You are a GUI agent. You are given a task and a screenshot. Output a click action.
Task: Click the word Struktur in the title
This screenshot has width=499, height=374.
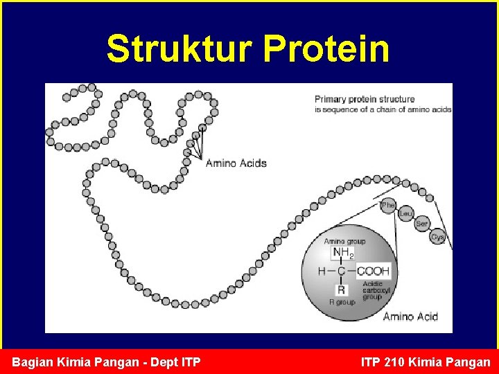[x=180, y=48]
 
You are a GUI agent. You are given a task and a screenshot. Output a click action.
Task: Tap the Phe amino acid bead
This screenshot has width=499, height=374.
[x=388, y=205]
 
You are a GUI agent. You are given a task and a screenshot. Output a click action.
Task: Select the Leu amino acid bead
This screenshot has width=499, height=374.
[x=405, y=214]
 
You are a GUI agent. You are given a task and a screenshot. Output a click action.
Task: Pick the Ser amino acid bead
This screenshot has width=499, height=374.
[x=422, y=224]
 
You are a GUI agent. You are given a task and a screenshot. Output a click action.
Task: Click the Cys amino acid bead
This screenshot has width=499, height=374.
[x=437, y=237]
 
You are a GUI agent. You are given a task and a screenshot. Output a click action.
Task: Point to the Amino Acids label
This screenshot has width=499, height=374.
[x=236, y=163]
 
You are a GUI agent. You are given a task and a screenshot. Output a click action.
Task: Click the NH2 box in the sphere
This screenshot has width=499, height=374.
[x=342, y=253]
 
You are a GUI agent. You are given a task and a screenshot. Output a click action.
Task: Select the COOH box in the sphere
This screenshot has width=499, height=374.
[x=373, y=271]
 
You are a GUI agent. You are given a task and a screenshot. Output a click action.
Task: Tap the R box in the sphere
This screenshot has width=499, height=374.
[x=341, y=290]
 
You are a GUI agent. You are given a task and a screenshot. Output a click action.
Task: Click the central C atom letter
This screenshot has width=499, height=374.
[x=341, y=271]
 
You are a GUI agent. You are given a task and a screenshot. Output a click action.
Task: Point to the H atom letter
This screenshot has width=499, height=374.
[x=322, y=271]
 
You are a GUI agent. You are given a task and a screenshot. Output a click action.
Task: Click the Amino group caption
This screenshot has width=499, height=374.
[x=344, y=241]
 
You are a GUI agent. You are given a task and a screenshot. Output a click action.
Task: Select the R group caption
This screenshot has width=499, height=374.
[x=342, y=302]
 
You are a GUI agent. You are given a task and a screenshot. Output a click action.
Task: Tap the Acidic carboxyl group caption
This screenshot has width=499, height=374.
[x=376, y=290]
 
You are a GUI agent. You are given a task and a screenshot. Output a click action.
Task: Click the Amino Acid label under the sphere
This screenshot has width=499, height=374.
[x=410, y=317]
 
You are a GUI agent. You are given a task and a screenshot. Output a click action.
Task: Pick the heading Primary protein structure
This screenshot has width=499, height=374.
[x=365, y=99]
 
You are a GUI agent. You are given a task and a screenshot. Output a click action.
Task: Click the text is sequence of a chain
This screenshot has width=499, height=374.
[x=361, y=109]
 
